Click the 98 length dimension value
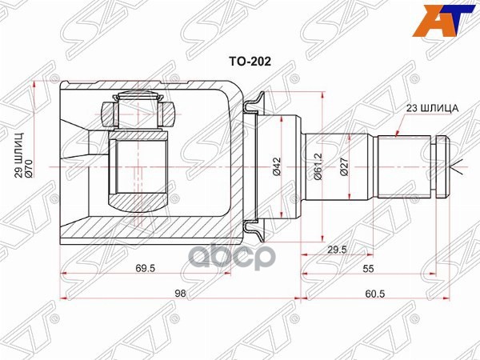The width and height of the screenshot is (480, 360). click(x=180, y=294)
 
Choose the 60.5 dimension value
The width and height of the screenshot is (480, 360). click(x=376, y=294)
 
